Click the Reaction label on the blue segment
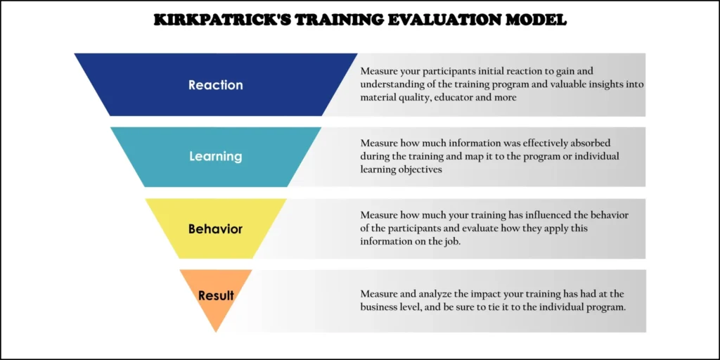click(216, 85)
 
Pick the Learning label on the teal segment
click(216, 156)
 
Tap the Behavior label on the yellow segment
click(216, 229)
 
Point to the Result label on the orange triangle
click(216, 295)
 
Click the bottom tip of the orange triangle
click(216, 330)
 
